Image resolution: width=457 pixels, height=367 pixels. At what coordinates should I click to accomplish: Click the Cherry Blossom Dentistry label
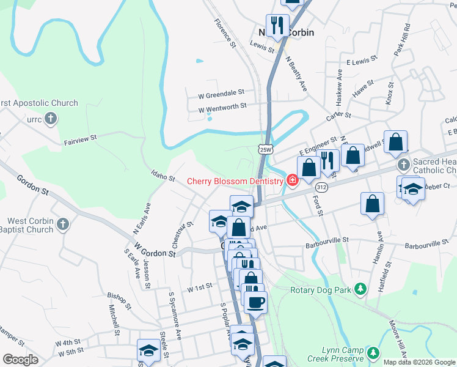[235, 180]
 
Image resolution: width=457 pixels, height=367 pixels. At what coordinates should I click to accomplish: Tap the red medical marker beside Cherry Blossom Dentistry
[292, 180]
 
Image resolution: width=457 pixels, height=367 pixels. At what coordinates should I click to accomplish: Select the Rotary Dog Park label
[321, 289]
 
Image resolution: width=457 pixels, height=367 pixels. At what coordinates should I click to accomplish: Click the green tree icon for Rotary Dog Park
[361, 289]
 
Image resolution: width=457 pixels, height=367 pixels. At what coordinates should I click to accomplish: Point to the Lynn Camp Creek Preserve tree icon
[373, 353]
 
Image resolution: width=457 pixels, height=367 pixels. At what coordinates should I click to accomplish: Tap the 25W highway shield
[264, 149]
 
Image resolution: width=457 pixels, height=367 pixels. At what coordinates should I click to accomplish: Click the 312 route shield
[322, 186]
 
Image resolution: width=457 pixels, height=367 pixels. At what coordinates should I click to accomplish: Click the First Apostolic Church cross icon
[51, 119]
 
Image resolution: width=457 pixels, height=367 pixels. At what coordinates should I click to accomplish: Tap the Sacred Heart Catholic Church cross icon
[403, 165]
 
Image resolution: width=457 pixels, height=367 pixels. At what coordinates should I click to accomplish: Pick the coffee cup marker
[255, 301]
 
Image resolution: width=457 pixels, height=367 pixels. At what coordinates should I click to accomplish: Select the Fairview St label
[81, 141]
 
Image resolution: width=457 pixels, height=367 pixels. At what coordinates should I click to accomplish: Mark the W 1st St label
[199, 286]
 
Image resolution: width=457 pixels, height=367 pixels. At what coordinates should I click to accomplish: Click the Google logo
[20, 360]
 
